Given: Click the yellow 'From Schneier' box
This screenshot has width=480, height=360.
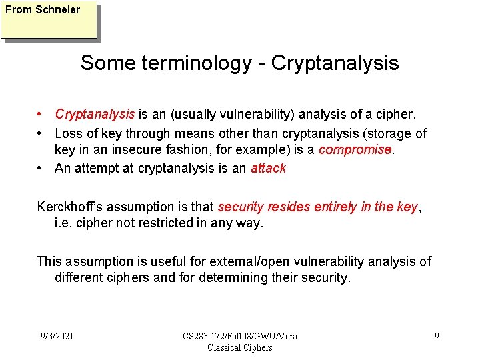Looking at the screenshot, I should click(49, 19).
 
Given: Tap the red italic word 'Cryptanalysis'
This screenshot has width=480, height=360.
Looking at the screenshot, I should click(95, 115).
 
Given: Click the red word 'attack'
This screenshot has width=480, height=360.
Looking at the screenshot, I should click(268, 168).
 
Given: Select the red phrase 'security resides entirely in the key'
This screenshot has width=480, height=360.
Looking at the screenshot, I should click(317, 207).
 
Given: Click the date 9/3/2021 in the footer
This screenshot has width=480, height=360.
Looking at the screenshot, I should click(57, 335).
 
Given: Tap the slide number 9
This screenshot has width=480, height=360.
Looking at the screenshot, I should click(437, 335).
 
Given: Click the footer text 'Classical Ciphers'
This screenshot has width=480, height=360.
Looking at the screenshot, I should click(240, 347).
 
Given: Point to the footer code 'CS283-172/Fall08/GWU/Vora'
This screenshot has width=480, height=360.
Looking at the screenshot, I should click(240, 336).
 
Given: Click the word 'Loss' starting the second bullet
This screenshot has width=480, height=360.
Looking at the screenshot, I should click(69, 133).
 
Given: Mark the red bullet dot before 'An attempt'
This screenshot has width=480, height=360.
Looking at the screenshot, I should click(41, 168).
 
